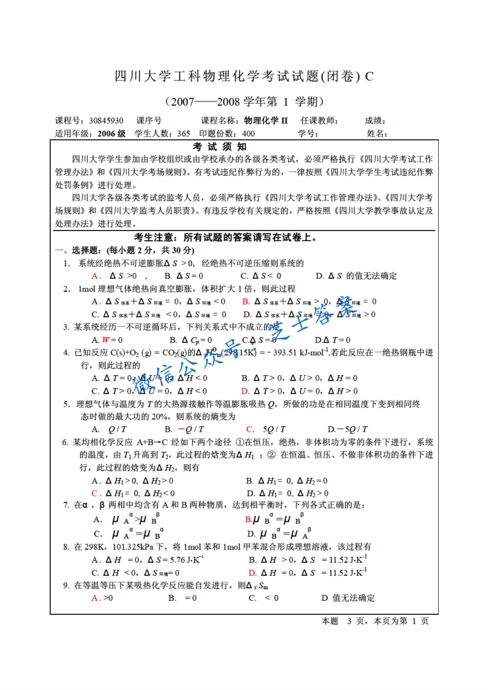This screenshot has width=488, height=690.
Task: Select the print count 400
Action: [248, 133]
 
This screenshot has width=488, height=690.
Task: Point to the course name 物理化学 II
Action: [266, 121]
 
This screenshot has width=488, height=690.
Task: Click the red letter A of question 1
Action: [94, 276]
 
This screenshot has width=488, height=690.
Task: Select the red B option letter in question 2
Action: [245, 301]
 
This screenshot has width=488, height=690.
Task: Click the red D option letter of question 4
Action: [244, 391]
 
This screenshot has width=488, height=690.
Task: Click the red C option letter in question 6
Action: [95, 493]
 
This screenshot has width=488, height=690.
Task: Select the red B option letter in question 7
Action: [247, 519]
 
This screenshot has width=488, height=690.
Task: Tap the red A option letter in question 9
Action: [95, 598]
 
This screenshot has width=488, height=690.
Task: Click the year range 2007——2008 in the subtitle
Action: [202, 100]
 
